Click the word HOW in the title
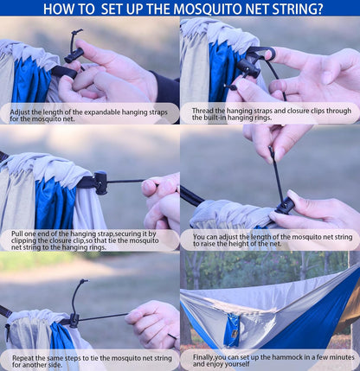59,10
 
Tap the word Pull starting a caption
18,233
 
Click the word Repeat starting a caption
23,356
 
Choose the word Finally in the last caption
206,356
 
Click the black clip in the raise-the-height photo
283,205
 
